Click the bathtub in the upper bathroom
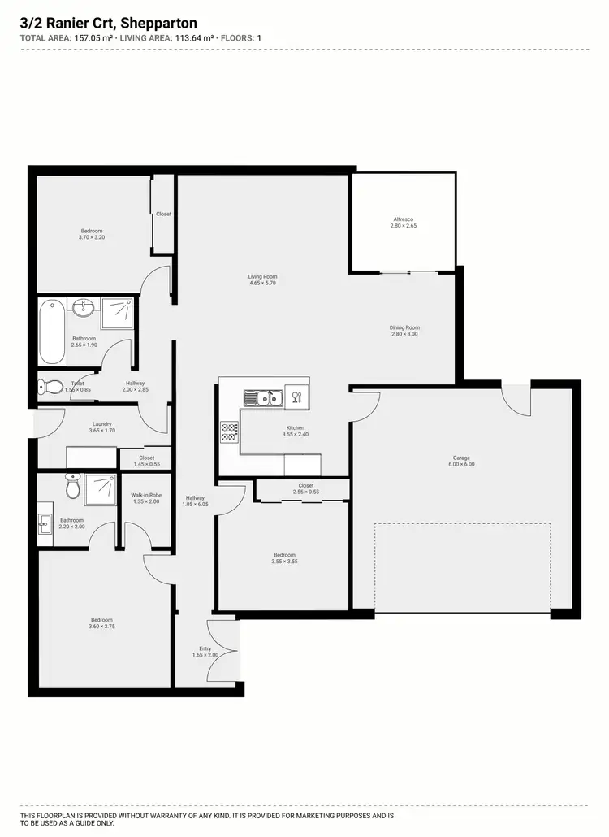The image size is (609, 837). [51, 332]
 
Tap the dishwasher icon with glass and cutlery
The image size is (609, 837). [296, 397]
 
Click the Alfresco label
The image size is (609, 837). [404, 219]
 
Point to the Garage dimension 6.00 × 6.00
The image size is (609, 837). [462, 464]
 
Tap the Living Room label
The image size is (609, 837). [263, 277]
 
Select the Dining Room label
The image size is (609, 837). [404, 327]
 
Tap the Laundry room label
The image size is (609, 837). [101, 423]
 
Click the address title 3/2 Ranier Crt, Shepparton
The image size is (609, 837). [109, 24]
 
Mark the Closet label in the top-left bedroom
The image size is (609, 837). [163, 214]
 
